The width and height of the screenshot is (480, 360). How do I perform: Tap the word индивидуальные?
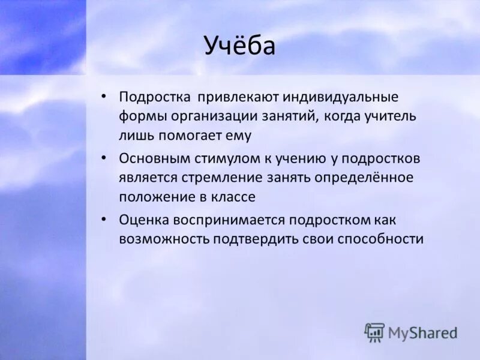[335, 97]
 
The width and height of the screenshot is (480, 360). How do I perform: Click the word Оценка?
[143, 220]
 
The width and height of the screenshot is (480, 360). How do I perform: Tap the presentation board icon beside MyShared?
[374, 332]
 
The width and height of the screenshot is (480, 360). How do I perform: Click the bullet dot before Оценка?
[104, 220]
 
